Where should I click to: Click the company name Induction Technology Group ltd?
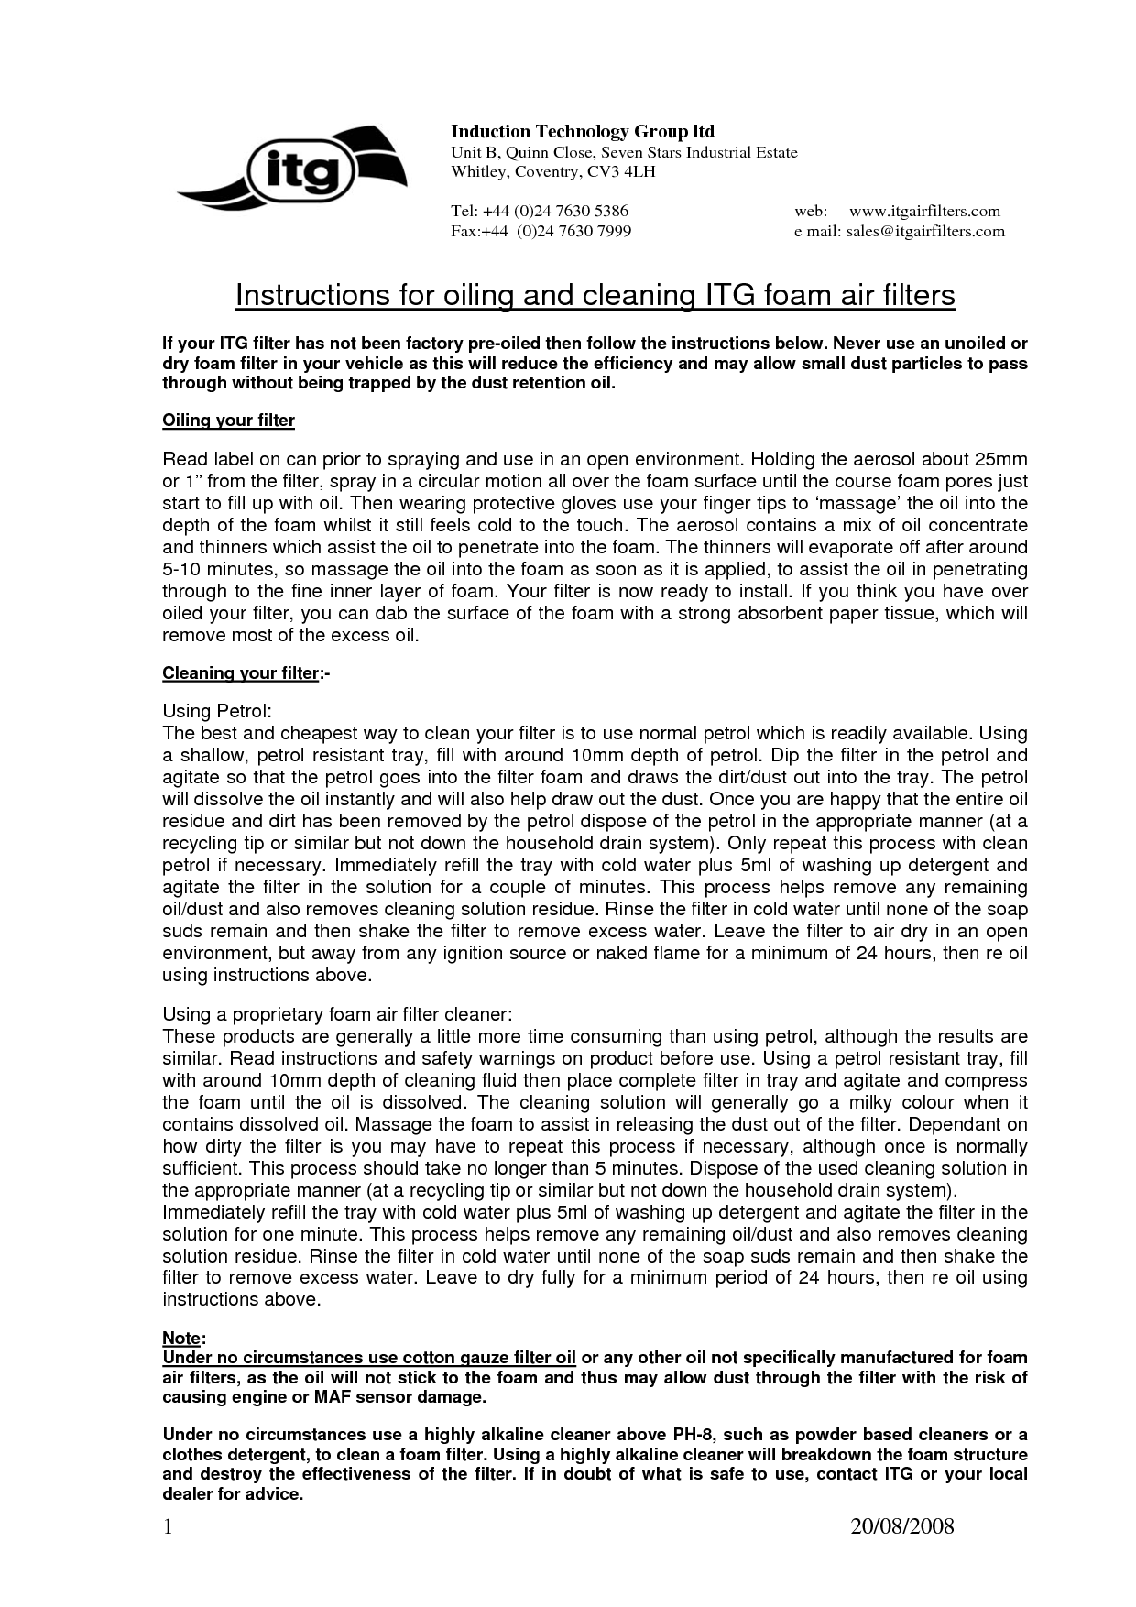coord(583,132)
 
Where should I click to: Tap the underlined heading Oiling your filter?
coord(228,421)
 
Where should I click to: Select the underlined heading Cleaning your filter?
coord(240,673)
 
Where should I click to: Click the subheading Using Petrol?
coord(217,711)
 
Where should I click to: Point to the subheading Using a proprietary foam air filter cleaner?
coord(336,1014)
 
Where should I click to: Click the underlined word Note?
coord(181,1339)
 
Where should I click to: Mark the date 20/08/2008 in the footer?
coord(902,1525)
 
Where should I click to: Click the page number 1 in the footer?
coord(168,1525)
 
